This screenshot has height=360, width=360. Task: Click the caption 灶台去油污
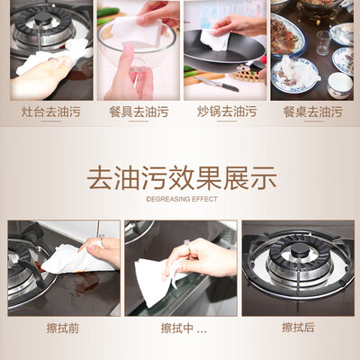tap(51, 112)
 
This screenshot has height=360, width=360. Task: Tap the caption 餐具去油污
tap(139, 112)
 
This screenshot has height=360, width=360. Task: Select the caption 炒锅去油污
tap(227, 112)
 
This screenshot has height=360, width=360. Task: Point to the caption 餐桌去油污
tap(313, 112)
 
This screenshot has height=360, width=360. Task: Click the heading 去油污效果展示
tap(182, 178)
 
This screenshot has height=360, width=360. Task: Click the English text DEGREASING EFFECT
tap(182, 199)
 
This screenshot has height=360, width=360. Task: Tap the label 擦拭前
tap(63, 328)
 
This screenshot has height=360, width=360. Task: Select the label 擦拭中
tap(177, 328)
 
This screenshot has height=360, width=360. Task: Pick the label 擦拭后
tap(298, 328)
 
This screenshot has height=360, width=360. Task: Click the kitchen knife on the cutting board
tap(216, 84)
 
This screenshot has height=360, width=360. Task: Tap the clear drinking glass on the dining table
tap(323, 42)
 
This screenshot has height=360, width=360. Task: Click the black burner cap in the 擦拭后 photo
tap(299, 249)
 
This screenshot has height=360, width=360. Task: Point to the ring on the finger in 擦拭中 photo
tap(188, 246)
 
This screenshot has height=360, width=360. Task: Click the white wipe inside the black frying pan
tap(216, 40)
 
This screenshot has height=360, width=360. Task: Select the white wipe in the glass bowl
tap(137, 31)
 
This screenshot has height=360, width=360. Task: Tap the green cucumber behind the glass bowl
tap(108, 13)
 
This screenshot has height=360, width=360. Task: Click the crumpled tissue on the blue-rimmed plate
tap(299, 71)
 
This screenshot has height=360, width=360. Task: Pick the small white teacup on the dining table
tap(339, 85)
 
